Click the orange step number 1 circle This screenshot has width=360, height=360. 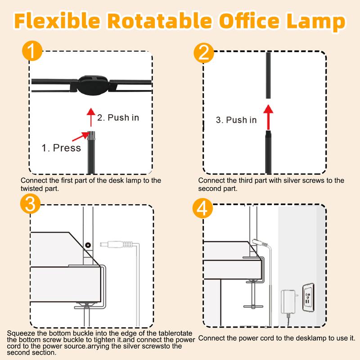(x=32, y=51)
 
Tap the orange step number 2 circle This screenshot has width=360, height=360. (x=204, y=54)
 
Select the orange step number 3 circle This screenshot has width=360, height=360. (x=30, y=204)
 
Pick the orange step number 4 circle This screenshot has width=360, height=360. (x=203, y=208)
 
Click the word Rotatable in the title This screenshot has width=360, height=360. (x=159, y=21)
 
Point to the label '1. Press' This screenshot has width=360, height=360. (x=61, y=148)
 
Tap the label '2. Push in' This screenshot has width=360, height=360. (x=118, y=117)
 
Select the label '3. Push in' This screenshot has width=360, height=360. (x=236, y=120)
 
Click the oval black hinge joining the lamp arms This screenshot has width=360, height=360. (x=93, y=85)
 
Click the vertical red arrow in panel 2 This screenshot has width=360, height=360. (x=268, y=117)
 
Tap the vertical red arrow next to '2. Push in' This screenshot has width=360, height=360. (x=91, y=117)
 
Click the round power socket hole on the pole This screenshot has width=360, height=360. (x=88, y=245)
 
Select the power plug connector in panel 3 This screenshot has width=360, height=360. (x=117, y=244)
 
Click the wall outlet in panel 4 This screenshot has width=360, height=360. (x=308, y=297)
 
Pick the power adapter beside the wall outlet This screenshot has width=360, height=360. (x=288, y=301)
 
